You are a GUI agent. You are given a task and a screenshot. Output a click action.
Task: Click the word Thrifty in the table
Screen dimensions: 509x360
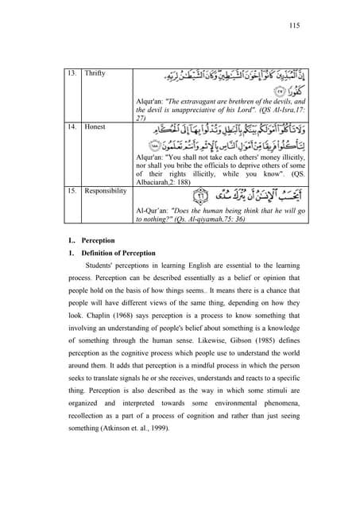(76, 73)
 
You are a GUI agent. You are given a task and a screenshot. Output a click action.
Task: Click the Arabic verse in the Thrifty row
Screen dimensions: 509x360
(223, 84)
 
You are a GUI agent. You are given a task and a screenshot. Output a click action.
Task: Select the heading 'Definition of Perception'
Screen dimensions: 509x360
(95, 252)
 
